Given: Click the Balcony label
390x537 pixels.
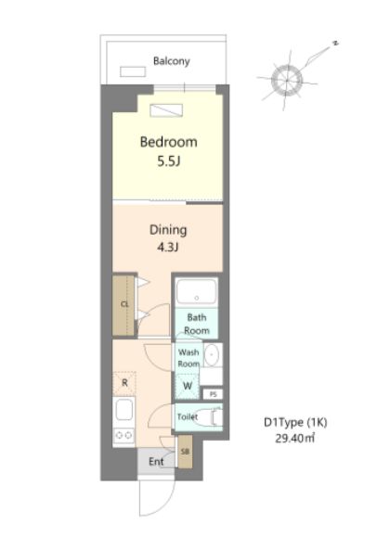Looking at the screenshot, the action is pos(171,61).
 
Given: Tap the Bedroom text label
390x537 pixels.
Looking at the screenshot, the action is pos(168,142).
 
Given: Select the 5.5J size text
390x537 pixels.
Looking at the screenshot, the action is pos(168,161).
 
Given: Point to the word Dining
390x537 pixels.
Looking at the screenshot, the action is pos(168,230).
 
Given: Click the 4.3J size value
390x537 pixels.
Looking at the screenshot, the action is pos(168,248).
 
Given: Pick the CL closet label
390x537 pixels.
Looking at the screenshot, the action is pos(124,304).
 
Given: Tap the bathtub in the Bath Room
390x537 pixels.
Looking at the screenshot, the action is pos(197,291).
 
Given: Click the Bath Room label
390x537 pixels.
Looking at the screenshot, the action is pos(197,324).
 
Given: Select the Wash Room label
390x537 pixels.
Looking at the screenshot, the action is pos(188,358).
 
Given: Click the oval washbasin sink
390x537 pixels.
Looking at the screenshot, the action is pos(212,355).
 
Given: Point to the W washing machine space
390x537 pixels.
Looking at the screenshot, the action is pos(188,386).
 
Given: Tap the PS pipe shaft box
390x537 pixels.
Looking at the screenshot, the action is pos(213,394).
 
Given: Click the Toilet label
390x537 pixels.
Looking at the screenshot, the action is pos(188,416).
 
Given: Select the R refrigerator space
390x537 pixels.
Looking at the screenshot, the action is pos(124,383).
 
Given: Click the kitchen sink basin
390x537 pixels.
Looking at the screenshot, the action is pos(124,410).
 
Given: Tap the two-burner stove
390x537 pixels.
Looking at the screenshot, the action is pos(123,435).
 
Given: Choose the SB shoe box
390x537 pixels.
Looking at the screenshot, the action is pos(185,452).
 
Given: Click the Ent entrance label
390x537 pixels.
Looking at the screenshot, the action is pos(156,462).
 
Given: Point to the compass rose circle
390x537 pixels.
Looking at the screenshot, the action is pos(287,81).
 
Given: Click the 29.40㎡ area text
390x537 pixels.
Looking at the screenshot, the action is pos(294,439).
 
